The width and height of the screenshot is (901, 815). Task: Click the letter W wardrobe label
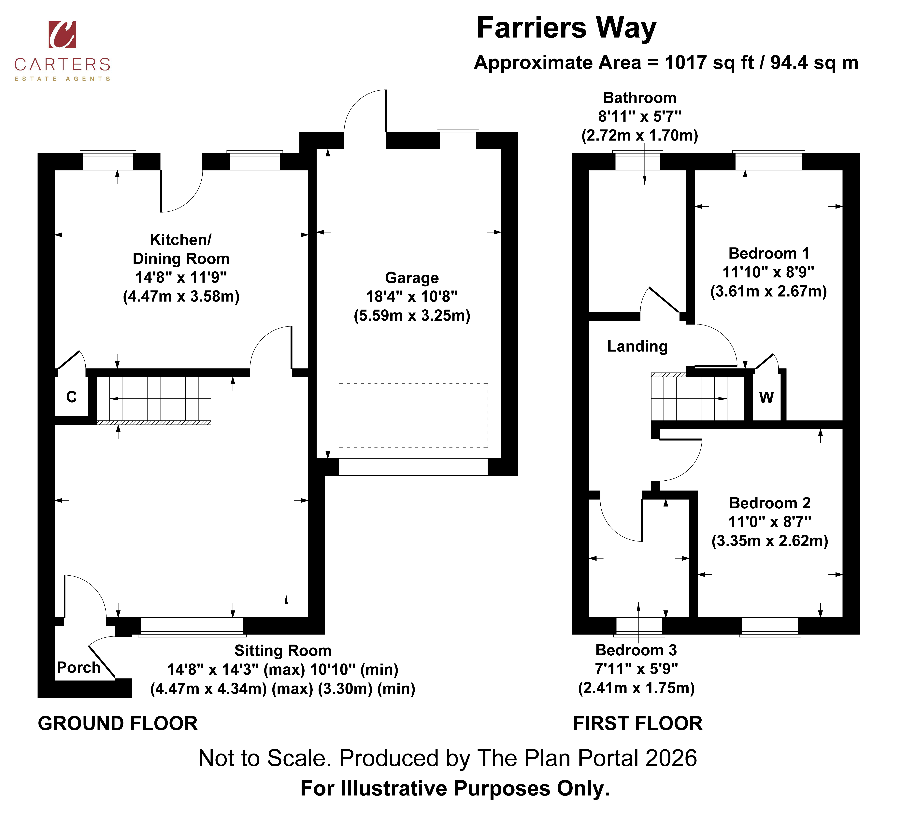[x=766, y=397]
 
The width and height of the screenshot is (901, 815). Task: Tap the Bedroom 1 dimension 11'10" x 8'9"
[x=768, y=272]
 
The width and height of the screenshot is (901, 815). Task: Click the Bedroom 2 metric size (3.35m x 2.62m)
[x=770, y=541]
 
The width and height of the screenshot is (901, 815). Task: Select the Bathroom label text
[x=639, y=98]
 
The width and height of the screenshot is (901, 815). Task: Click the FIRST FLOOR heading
[x=638, y=723]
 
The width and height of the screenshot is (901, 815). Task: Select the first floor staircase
[x=698, y=396]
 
